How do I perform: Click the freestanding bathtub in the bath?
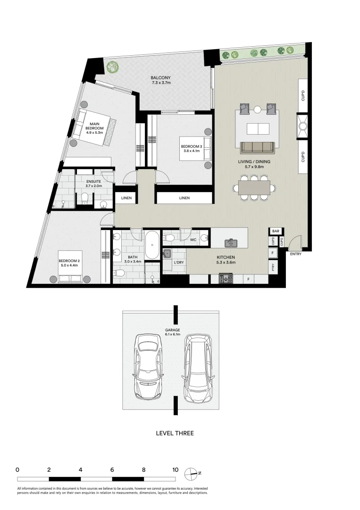(x=151, y=245)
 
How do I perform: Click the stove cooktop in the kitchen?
(x=226, y=279)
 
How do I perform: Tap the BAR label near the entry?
(x=275, y=231)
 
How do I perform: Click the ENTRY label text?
(x=296, y=254)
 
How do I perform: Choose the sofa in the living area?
(x=257, y=147)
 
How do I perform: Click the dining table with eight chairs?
(x=254, y=188)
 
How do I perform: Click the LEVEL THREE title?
(x=175, y=433)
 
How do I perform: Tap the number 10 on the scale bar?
(x=175, y=470)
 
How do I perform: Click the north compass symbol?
(x=191, y=472)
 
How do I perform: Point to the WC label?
(x=193, y=240)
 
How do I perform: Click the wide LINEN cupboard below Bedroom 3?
(x=184, y=198)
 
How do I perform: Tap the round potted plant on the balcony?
(x=112, y=68)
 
